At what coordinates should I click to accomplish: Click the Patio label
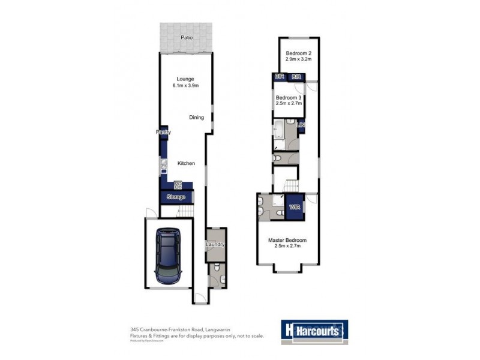coord(187,38)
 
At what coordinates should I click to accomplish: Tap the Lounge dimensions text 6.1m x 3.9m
coord(186,86)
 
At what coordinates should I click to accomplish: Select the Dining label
coord(196,118)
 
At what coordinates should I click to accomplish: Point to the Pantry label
coord(163,132)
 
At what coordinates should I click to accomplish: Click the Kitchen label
coord(185,163)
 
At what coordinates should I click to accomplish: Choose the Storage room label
coord(176,197)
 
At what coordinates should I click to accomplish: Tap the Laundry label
coord(215,245)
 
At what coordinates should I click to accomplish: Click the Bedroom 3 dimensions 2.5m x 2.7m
coord(289,103)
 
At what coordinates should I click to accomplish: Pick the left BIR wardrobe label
coord(279,77)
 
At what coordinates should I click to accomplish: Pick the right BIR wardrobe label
coord(296,77)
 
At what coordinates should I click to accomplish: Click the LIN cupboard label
coord(302,125)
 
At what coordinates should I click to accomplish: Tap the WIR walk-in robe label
coord(294,207)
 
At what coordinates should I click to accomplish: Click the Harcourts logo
coord(314,330)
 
